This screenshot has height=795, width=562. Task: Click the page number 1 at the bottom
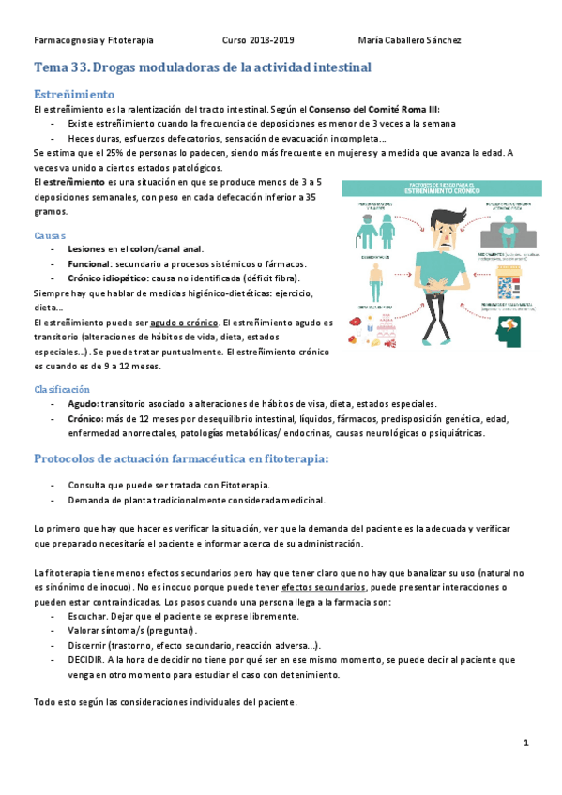click(x=526, y=742)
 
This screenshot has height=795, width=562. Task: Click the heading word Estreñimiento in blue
click(x=74, y=95)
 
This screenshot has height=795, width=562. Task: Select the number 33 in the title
click(x=80, y=67)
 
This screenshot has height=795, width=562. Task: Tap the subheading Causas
click(x=50, y=234)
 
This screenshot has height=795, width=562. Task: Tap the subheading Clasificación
click(x=62, y=388)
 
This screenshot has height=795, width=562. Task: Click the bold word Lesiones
click(x=86, y=248)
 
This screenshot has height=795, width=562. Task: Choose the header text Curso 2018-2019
click(x=258, y=40)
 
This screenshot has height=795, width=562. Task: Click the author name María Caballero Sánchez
click(x=410, y=40)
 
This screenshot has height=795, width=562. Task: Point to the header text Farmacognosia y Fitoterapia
click(x=93, y=40)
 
